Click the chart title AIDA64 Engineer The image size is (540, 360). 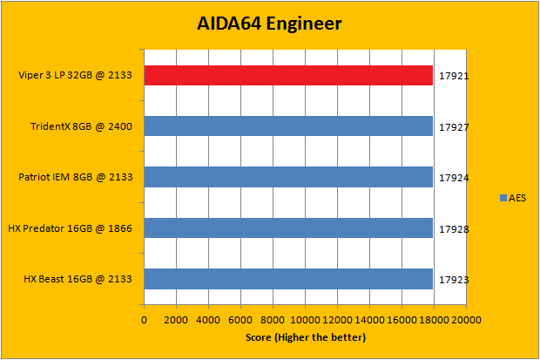coord(268,23)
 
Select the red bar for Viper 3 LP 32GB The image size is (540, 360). coord(288,76)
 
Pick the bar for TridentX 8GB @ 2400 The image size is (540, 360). coord(288,126)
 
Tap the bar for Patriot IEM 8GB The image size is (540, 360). coord(288,177)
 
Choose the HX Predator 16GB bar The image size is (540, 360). coord(288,228)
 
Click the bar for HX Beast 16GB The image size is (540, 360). coord(288,279)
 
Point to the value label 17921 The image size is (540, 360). coord(454,76)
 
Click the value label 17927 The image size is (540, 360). coord(454,126)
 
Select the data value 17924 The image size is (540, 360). coord(454,177)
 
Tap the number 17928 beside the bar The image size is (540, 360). coord(454,228)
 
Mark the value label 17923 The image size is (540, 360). coord(454,279)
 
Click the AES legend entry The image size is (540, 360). coord(514,198)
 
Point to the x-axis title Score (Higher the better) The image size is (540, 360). coord(305,336)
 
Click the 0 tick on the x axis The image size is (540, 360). coord(144,320)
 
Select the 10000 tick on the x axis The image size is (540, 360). coord(305,320)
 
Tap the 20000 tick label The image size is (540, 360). coord(466,320)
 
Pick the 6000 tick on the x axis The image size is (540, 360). coord(240,320)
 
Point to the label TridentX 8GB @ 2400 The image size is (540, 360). coord(81,126)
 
